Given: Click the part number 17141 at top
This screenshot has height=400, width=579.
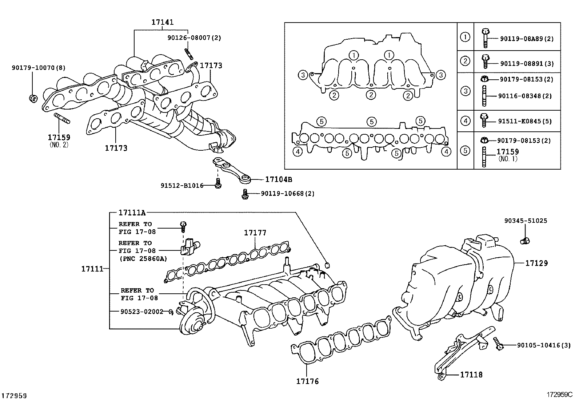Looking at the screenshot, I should coord(162,22).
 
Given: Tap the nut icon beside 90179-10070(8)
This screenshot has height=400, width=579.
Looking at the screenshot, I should coord(32,98).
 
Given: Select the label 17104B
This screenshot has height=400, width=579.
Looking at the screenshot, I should coord(279,179).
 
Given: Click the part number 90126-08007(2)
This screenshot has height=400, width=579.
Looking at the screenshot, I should coord(194,38).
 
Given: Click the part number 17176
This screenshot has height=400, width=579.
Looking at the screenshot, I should coord(307,381).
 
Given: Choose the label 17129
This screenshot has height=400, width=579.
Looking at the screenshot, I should coord(536,263).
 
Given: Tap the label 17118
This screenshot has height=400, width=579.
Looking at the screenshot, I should coord(471,375).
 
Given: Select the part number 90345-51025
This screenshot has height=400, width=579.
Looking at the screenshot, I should coord(526,221).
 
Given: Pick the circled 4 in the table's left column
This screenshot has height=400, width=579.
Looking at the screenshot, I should coord(465,121).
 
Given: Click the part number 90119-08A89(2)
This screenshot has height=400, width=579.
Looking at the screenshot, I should coord(523,39).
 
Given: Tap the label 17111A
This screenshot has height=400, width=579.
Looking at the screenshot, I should coord(132,213).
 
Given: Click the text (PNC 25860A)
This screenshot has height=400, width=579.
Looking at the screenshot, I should coord(143,258).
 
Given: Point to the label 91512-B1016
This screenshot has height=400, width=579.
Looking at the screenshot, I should coord(182,186).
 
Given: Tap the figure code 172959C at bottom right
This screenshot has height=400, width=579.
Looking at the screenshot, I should coord(559,394).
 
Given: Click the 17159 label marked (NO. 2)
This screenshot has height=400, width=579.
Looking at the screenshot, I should coord(59,138).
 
